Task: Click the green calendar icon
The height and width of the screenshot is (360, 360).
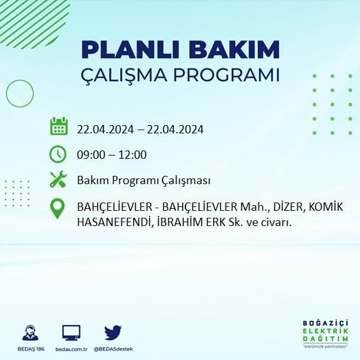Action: (58, 126)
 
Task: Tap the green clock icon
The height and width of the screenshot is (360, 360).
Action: (58, 154)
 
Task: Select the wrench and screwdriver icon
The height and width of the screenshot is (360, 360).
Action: (58, 180)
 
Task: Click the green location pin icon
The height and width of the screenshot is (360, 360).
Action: (58, 209)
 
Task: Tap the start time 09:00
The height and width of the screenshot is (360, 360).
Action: (90, 155)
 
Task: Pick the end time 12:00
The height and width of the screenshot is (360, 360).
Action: (133, 155)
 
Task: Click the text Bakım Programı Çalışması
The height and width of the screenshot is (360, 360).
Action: (143, 181)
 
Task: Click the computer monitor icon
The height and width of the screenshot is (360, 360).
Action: (71, 333)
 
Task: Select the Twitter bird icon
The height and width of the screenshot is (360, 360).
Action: (113, 332)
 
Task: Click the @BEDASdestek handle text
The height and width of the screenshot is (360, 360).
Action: (113, 349)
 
